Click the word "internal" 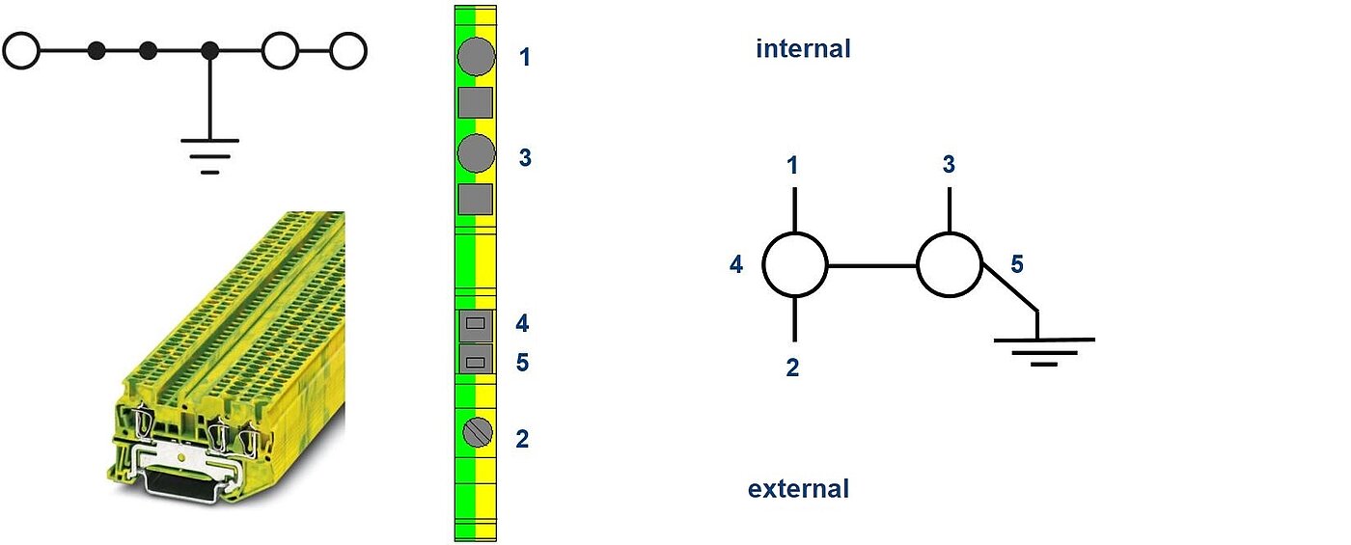pos(803,49)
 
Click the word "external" pos(798,489)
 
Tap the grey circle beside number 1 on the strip pos(475,57)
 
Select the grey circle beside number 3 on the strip pos(475,153)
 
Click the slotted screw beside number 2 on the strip pos(475,433)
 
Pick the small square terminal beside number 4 pos(475,325)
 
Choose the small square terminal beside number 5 pos(475,361)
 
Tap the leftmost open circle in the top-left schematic pos(21,51)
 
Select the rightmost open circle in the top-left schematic pos(347,51)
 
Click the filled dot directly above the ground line pos(210,51)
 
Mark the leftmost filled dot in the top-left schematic pos(96,51)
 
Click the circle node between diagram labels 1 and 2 pos(795,264)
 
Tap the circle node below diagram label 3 pos(949,264)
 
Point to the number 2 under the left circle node pos(792,368)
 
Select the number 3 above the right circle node pos(949,165)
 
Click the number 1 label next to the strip pos(524,58)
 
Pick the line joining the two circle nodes pos(871,264)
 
